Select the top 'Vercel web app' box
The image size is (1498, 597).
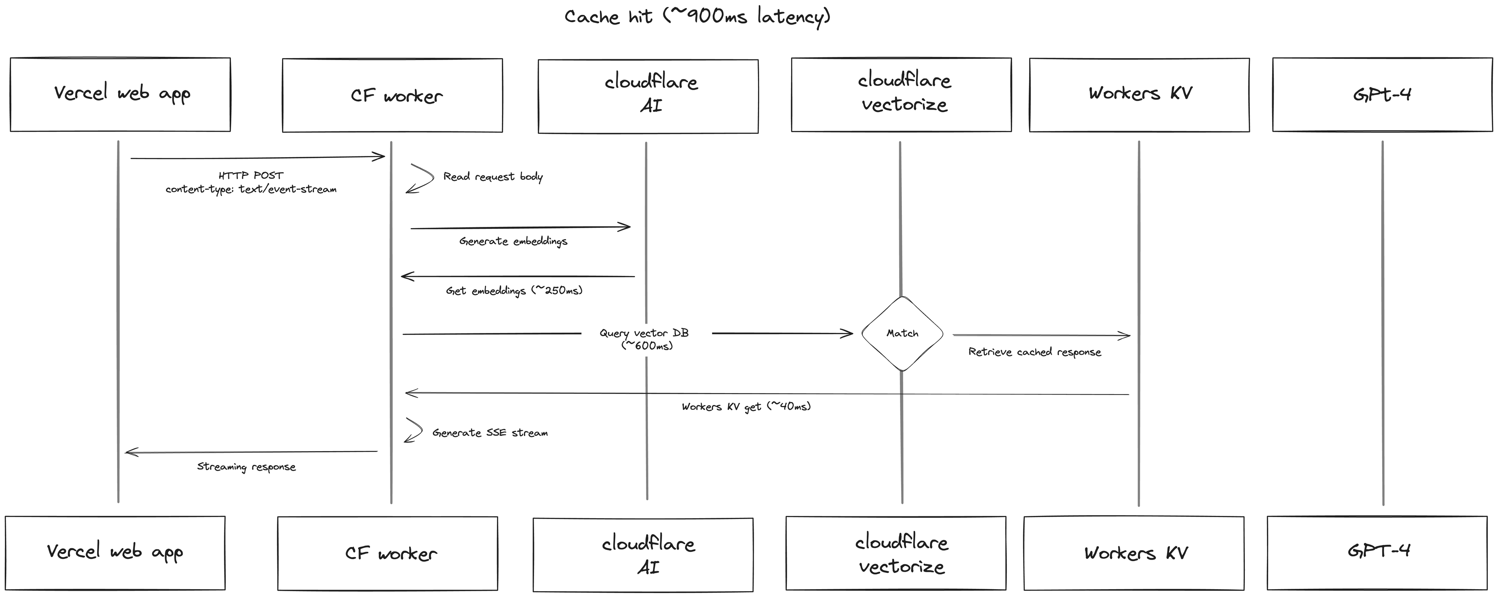(121, 94)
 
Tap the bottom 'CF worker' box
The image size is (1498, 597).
(387, 553)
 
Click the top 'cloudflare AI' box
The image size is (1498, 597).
(648, 96)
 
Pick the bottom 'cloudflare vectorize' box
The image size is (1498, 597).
(896, 553)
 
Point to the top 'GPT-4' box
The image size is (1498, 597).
(1382, 94)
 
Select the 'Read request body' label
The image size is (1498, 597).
(493, 177)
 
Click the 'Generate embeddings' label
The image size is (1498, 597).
(513, 241)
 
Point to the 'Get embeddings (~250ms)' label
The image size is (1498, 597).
(514, 291)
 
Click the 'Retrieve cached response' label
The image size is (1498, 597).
(1035, 352)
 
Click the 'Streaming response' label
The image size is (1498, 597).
(246, 467)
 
